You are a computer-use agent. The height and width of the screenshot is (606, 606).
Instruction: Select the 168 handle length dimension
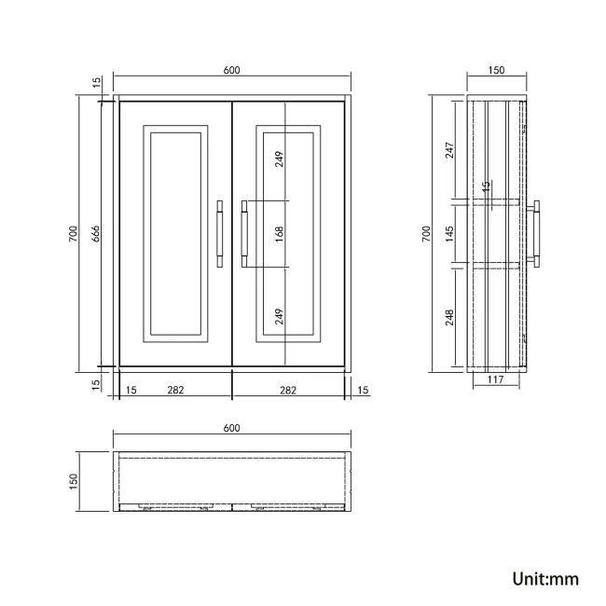click(x=279, y=233)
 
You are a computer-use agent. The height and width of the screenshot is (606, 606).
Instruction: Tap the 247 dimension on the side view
click(x=449, y=149)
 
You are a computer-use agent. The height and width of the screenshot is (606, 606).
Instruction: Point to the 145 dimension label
click(x=449, y=232)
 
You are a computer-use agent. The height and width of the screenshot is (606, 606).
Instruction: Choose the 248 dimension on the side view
click(x=449, y=317)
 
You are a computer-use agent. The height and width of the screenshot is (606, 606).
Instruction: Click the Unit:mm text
click(x=545, y=579)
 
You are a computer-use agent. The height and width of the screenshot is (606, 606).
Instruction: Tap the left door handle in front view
click(x=219, y=233)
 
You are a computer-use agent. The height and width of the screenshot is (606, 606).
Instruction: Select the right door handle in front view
click(x=245, y=233)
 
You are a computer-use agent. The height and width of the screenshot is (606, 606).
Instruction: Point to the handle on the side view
click(x=537, y=233)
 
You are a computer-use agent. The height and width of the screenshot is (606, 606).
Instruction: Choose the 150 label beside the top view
click(x=73, y=481)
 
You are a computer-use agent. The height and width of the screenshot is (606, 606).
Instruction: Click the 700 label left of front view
click(x=73, y=234)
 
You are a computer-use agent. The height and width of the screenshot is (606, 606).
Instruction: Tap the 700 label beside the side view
click(x=426, y=232)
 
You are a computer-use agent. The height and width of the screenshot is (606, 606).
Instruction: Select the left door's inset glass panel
click(x=174, y=233)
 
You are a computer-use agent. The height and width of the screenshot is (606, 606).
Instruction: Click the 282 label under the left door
click(x=174, y=391)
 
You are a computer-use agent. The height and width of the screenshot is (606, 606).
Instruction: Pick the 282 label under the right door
click(x=287, y=391)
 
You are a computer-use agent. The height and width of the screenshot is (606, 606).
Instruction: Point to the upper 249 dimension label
click(x=279, y=159)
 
